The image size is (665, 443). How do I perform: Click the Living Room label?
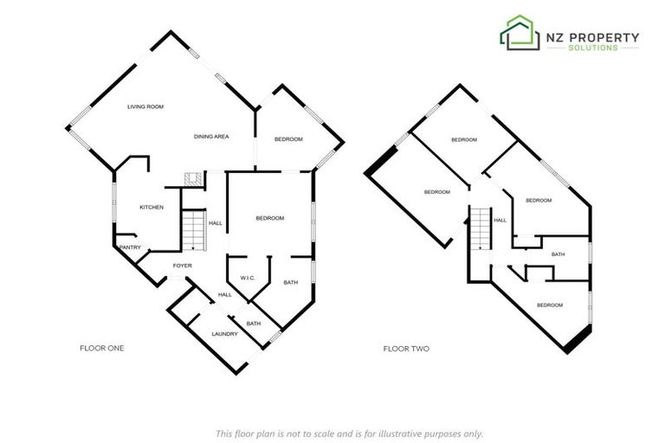point(145,106)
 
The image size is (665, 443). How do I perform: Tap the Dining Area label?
point(210,137)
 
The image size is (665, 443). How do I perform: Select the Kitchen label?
point(152,207)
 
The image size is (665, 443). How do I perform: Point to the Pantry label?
point(130,247)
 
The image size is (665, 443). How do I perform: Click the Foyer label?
point(182,266)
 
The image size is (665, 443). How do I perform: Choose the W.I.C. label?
point(245,278)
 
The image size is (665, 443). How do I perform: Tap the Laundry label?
point(224,334)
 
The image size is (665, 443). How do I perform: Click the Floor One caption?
point(102,349)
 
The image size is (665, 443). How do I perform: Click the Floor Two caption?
point(406,349)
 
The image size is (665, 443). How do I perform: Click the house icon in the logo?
point(519,33)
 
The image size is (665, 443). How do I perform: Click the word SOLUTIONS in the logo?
point(592,48)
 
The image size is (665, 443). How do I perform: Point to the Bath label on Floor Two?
point(558,254)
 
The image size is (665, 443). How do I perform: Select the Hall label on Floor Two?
point(500,221)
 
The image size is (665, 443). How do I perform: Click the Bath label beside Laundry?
point(254,324)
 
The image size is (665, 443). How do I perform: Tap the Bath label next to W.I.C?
point(290,282)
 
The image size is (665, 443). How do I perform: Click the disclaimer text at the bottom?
point(349,433)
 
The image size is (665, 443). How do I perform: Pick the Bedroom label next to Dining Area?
point(288,139)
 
